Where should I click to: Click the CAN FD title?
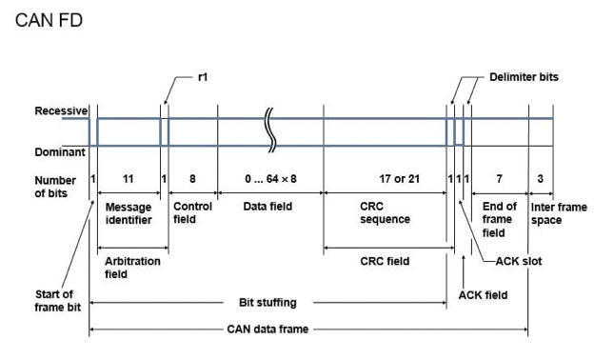pyautogui.click(x=49, y=20)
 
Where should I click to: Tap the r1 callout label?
pyautogui.click(x=203, y=77)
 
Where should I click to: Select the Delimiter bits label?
pyautogui.click(x=524, y=77)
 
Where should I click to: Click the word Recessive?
pyautogui.click(x=61, y=110)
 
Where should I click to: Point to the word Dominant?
pyautogui.click(x=60, y=152)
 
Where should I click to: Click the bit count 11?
pyautogui.click(x=129, y=178)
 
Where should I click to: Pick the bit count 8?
pyautogui.click(x=192, y=178)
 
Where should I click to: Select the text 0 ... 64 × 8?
pyautogui.click(x=270, y=178)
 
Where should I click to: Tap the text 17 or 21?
pyautogui.click(x=400, y=178)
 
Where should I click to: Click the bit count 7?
pyautogui.click(x=500, y=178)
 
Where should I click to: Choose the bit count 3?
pyautogui.click(x=540, y=178)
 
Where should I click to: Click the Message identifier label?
pyautogui.click(x=129, y=213)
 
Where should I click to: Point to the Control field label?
pyautogui.click(x=192, y=212)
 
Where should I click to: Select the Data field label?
pyautogui.click(x=267, y=206)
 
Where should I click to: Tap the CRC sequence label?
pyautogui.click(x=385, y=212)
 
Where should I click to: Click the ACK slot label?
pyautogui.click(x=519, y=261)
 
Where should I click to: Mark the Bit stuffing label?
pyautogui.click(x=267, y=303)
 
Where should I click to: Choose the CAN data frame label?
pyautogui.click(x=267, y=329)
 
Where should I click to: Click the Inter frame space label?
pyautogui.click(x=559, y=213)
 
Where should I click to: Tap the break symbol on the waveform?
pyautogui.click(x=271, y=130)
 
